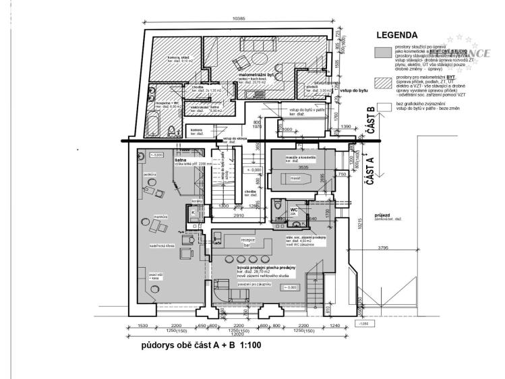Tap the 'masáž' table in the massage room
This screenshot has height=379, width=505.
coord(295,178)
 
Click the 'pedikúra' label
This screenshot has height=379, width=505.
coord(150,175)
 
